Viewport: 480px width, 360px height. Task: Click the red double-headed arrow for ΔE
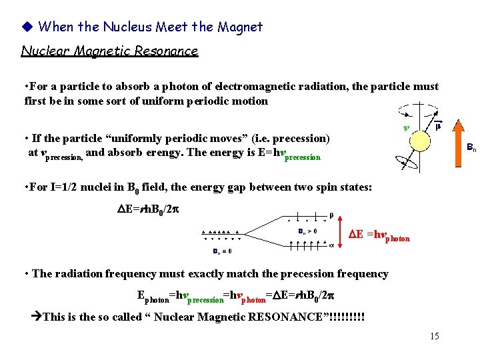[x=340, y=231]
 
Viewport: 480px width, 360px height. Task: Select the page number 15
[x=434, y=336]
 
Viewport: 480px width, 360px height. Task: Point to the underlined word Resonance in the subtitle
[x=167, y=51]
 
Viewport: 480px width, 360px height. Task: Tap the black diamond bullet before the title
[x=27, y=27]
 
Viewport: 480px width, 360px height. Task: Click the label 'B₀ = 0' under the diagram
[x=222, y=251]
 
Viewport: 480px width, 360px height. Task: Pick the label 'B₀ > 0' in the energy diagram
[x=307, y=231]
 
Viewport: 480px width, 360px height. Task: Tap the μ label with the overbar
[x=437, y=125]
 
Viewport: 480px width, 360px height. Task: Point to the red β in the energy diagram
[x=331, y=215]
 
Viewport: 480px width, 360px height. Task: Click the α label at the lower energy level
[x=332, y=245]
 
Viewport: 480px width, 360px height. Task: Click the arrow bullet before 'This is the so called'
[x=37, y=317]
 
